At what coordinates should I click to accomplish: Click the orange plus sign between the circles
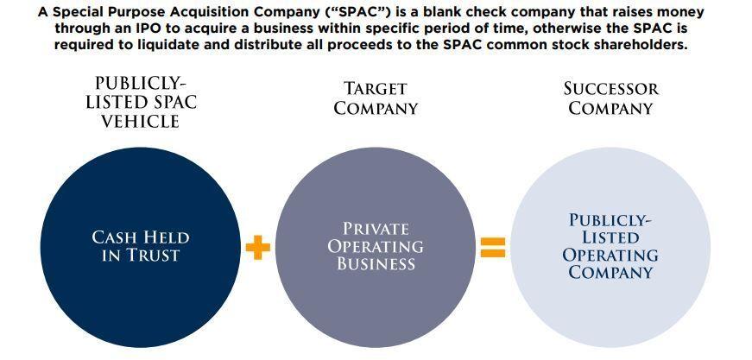click(x=257, y=248)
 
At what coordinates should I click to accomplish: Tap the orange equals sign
click(x=492, y=248)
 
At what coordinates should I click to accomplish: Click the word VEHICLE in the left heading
click(x=141, y=122)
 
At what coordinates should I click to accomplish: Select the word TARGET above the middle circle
click(x=376, y=89)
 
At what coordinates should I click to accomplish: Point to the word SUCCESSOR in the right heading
click(x=610, y=89)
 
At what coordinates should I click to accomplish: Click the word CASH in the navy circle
click(x=116, y=237)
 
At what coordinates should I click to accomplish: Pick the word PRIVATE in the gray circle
click(x=376, y=228)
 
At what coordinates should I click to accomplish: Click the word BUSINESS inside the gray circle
click(x=376, y=264)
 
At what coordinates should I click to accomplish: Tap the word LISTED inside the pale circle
click(x=610, y=237)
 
